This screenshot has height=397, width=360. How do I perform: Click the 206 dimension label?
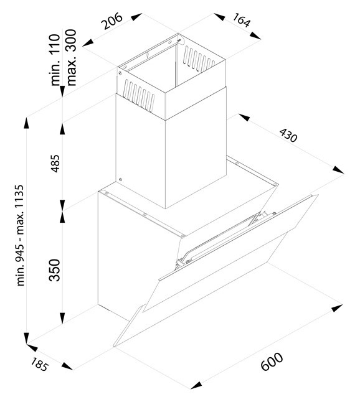tap(111, 21)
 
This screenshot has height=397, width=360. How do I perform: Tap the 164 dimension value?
tap(242, 20)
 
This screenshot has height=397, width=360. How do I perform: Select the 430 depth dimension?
tap(288, 136)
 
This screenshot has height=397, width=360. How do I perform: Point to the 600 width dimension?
tap(272, 362)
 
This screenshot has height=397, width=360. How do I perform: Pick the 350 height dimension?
tap(55, 270)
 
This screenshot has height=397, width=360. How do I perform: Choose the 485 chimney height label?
tap(55, 164)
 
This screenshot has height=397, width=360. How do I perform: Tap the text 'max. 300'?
tap(70, 57)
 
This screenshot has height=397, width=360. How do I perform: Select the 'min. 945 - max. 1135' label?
tap(20, 235)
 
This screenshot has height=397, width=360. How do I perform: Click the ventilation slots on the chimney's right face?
tap(198, 58)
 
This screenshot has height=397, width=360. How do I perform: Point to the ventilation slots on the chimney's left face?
tap(138, 95)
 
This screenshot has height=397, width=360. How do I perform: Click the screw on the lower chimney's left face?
tap(120, 180)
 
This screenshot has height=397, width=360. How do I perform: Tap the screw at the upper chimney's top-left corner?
tap(120, 73)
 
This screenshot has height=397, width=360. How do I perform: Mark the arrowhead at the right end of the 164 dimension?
tap(255, 35)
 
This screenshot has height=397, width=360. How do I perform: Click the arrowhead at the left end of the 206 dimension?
tap(88, 43)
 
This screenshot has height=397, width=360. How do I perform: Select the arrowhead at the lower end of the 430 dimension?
tap(338, 170)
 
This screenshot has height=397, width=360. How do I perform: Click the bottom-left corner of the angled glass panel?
tap(114, 347)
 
